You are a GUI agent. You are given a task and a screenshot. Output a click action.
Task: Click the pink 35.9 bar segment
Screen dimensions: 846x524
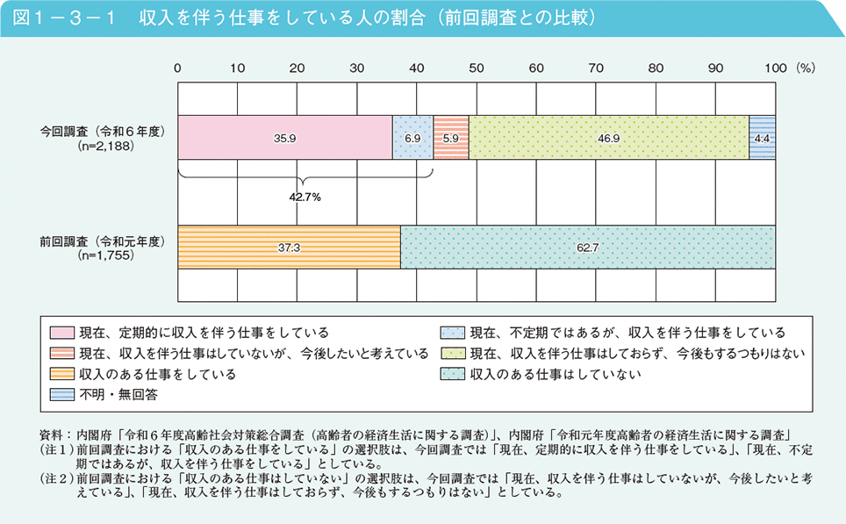[284, 138]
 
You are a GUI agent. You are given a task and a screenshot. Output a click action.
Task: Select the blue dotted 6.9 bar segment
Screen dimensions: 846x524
[412, 138]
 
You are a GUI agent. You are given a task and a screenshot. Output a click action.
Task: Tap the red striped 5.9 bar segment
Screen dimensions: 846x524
[451, 138]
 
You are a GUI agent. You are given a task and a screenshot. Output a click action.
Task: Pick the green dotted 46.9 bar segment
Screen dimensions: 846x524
[608, 138]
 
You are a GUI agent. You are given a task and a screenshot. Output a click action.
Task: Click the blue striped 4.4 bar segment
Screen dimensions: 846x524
[762, 138]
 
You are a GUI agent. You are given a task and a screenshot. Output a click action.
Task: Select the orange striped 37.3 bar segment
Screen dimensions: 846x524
[289, 248]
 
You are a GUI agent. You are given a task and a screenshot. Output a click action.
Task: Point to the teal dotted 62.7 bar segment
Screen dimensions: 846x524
[587, 248]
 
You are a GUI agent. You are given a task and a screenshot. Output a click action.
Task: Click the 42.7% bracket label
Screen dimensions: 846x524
[305, 197]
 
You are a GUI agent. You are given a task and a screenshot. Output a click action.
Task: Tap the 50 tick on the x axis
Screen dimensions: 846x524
[476, 67]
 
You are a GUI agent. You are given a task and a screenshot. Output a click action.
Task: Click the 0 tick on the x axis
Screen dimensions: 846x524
[178, 67]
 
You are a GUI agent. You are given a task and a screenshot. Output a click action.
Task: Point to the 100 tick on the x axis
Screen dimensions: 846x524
[776, 67]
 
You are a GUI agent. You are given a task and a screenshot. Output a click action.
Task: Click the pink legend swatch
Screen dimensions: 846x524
[61, 333]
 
